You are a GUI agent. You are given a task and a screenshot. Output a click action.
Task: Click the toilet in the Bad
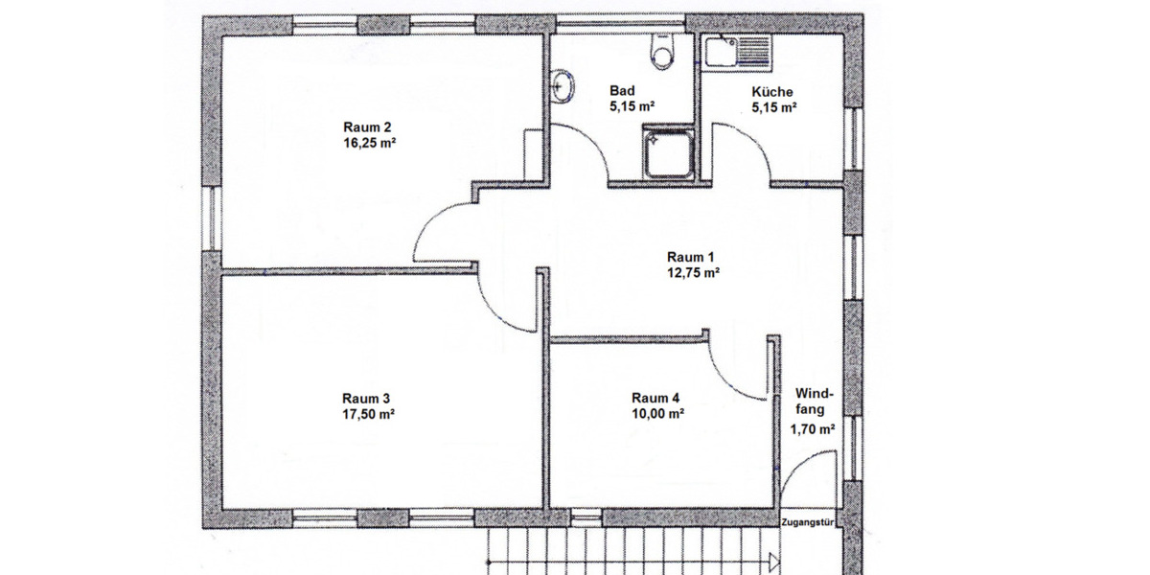(661, 52)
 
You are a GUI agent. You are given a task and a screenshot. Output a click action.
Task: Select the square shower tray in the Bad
(668, 153)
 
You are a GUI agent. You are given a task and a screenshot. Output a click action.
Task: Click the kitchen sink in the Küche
(738, 52)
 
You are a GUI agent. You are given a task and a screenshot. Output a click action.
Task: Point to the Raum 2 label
(367, 126)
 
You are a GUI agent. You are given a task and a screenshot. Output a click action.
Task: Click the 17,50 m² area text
(368, 414)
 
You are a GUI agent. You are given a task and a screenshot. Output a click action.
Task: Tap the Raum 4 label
(655, 398)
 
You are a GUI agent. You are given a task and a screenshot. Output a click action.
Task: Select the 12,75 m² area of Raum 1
(693, 272)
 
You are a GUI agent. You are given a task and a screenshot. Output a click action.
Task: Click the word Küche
(772, 92)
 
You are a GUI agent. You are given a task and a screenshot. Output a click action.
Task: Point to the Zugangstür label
(807, 522)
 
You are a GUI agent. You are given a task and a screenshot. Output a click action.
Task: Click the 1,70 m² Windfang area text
(813, 429)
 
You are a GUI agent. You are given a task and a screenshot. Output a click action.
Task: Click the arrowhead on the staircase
(773, 562)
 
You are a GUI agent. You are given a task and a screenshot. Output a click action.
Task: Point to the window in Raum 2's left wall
(211, 218)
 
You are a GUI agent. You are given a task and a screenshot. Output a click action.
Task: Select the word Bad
(622, 90)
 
